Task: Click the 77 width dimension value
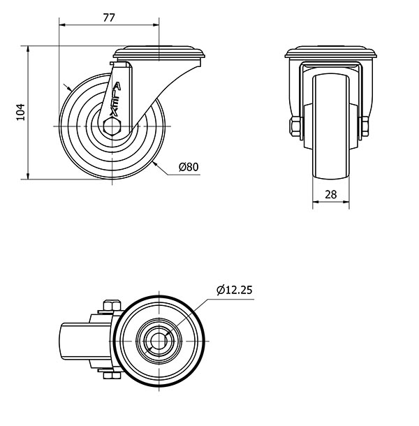[109, 18]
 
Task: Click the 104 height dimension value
[21, 112]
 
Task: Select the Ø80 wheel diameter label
[189, 166]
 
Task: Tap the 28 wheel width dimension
[331, 195]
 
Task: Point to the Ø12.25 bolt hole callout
[235, 290]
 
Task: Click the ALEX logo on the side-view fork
[115, 99]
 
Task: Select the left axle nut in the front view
[295, 126]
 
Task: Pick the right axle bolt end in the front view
[365, 126]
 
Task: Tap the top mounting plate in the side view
[159, 52]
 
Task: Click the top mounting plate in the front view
[331, 52]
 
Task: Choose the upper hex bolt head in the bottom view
[112, 305]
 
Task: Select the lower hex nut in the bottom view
[112, 376]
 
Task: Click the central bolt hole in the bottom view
[159, 341]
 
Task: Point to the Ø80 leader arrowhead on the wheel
[154, 163]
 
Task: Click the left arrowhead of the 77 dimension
[62, 25]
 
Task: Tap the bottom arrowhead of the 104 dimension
[28, 176]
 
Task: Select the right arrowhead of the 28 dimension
[346, 202]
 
